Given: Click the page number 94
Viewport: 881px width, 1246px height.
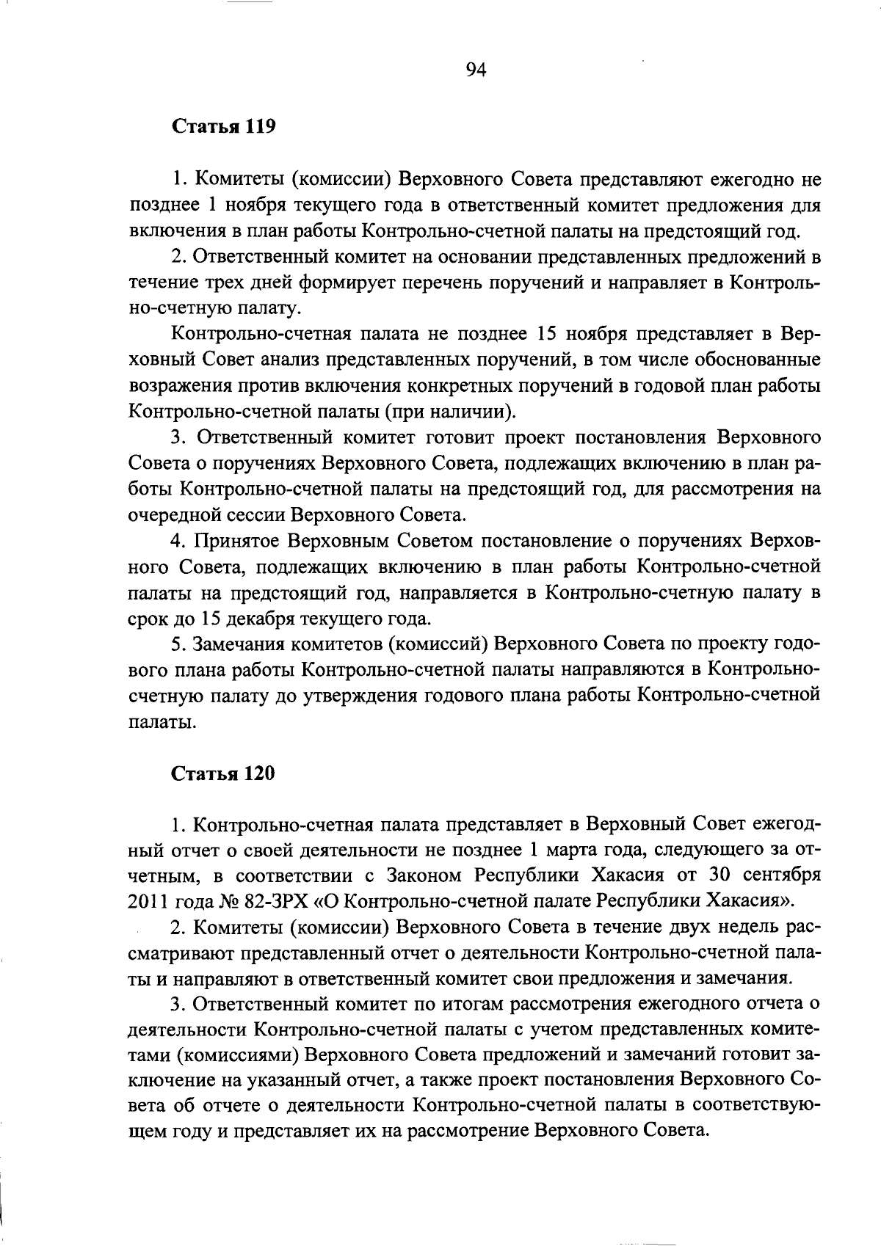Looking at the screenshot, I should tap(476, 70).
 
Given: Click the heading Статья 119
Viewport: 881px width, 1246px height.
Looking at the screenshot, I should tap(223, 127).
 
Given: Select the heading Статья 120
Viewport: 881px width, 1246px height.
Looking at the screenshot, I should tap(223, 773).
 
